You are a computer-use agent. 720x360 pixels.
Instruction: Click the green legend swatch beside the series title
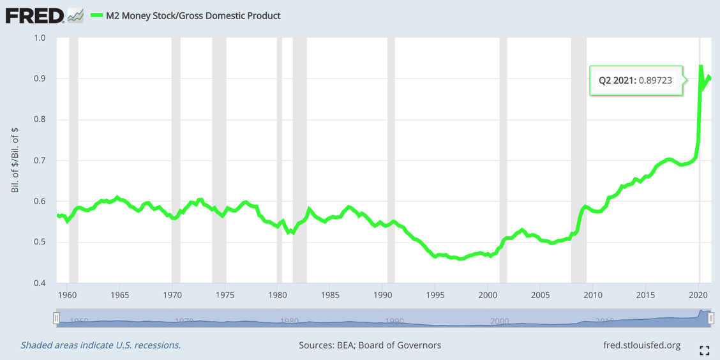[x=97, y=15]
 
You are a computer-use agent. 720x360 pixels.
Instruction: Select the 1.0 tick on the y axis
[x=40, y=38]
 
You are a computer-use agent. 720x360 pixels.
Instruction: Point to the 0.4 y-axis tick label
[x=40, y=283]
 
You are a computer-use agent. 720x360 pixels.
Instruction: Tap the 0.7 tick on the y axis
[x=40, y=160]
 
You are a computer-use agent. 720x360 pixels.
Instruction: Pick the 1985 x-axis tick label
[x=330, y=295]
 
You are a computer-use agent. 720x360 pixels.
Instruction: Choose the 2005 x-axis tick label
[x=540, y=295]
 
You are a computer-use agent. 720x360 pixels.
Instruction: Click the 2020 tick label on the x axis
[x=698, y=295]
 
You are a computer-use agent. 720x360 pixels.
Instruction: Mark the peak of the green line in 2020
[x=701, y=66]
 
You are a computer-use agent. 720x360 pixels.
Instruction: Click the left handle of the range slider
[x=56, y=318]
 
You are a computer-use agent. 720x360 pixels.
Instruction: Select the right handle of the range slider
[x=710, y=318]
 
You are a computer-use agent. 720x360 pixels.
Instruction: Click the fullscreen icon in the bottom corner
[x=705, y=350]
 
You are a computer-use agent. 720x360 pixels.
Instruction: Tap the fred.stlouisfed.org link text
[x=641, y=345]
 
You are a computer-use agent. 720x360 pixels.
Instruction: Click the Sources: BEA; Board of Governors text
[x=370, y=345]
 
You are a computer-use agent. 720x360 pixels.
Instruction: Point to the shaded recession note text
[x=100, y=345]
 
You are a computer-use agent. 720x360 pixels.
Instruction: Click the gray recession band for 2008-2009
[x=578, y=160]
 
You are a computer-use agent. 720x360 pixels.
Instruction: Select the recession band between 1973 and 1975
[x=219, y=160]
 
